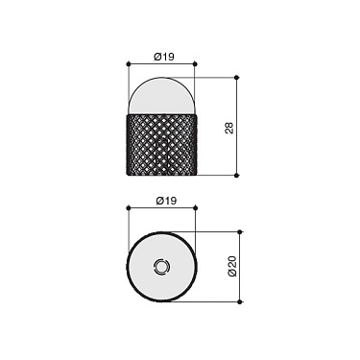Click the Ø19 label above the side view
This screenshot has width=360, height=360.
161,57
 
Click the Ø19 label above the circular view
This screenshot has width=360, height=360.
161,201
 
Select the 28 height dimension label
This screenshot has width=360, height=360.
228,127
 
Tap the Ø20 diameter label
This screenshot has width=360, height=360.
231,267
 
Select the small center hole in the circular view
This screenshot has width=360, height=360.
161,266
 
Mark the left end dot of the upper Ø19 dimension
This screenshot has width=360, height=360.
129,65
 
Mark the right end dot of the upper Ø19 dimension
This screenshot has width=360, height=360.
195,65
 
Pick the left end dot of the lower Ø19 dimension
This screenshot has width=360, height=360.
129,209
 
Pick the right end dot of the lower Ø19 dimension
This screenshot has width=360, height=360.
195,209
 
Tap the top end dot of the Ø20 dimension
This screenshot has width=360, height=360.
240,231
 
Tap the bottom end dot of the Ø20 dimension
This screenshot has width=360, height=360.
240,301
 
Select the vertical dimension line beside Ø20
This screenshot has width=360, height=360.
240,250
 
